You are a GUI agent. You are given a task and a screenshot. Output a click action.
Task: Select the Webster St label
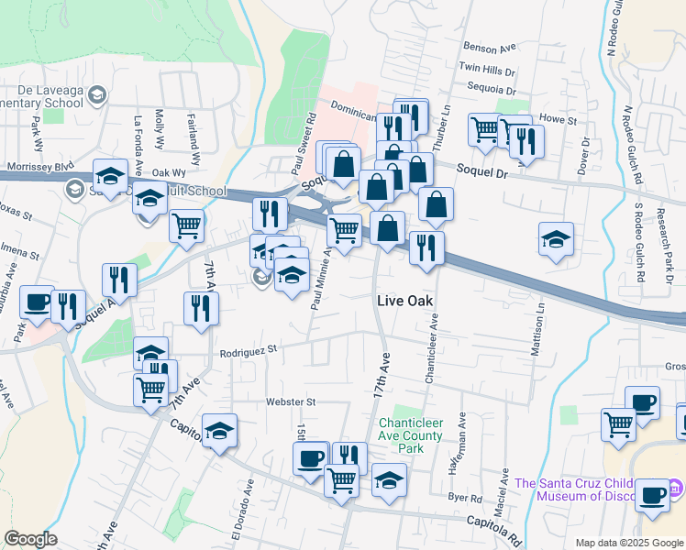pyautogui.click(x=291, y=401)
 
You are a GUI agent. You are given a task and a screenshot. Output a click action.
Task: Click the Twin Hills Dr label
pyautogui.click(x=488, y=69)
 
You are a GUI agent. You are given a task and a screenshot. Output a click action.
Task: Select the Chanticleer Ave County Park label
pyautogui.click(x=412, y=430)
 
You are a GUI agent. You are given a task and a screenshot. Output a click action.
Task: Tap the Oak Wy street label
pyautogui.click(x=169, y=172)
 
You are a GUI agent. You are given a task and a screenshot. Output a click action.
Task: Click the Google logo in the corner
pyautogui.click(x=31, y=539)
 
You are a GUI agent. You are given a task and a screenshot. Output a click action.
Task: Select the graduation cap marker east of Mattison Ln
pyautogui.click(x=556, y=239)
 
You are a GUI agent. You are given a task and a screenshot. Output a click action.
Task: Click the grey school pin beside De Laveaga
pyautogui.click(x=97, y=93)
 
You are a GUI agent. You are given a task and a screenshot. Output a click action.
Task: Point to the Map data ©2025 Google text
pyautogui.click(x=628, y=543)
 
